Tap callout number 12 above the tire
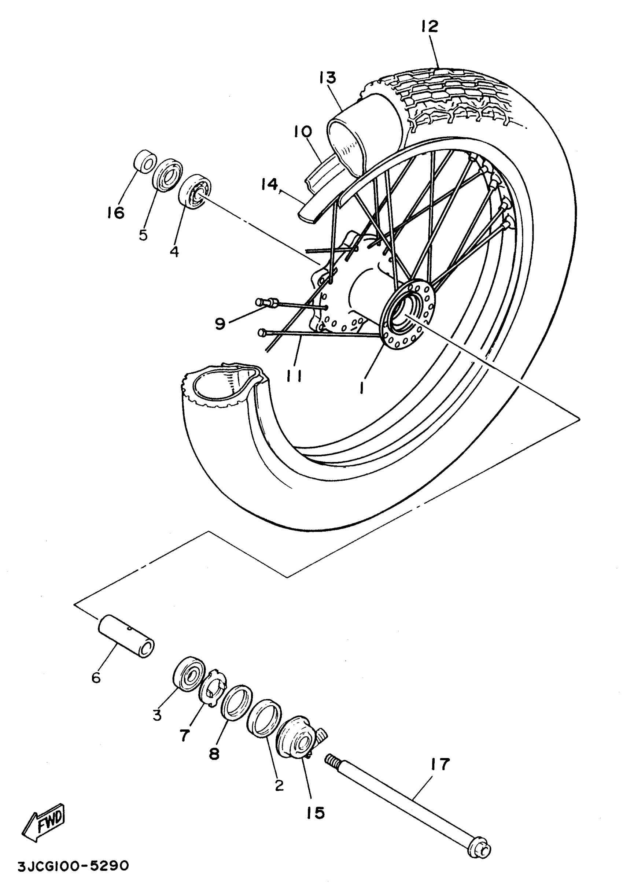429,26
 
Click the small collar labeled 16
145,161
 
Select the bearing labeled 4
195,191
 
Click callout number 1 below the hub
361,387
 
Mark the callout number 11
294,375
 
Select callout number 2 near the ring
279,785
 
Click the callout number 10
302,132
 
